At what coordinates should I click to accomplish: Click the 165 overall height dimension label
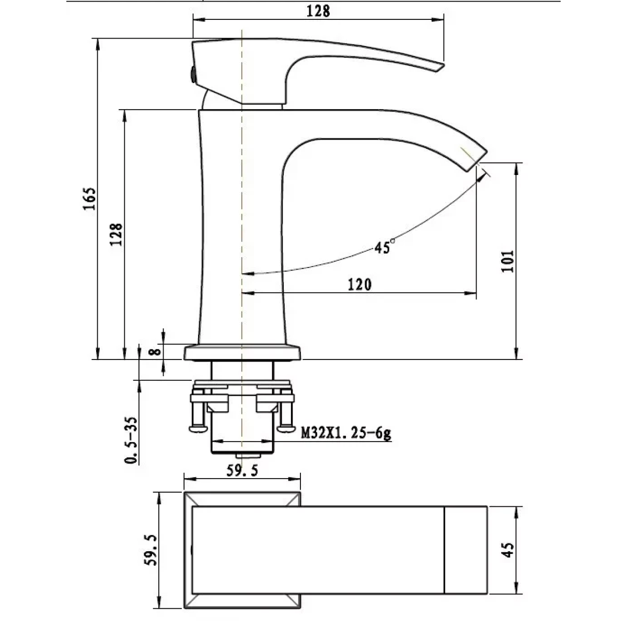coord(89,199)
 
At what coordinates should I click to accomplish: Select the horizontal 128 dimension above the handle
coord(318,11)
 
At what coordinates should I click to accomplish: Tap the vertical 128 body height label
coord(116,235)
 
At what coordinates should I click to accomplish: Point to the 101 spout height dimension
coord(507,261)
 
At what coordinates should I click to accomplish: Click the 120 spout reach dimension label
coord(359,285)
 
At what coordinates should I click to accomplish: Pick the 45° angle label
coord(384,247)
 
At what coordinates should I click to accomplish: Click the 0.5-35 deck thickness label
coord(131,440)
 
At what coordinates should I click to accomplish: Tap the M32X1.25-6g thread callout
coord(346,433)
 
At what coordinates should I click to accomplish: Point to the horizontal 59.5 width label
coord(242,470)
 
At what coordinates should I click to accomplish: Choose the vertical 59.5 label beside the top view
coord(150,550)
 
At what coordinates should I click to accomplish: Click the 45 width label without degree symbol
coord(508,550)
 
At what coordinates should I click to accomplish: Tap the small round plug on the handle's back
coord(193,74)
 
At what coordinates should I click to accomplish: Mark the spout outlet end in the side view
coord(478,161)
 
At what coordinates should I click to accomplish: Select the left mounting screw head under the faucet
coord(198,429)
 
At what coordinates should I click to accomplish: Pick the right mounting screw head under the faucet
coord(286,429)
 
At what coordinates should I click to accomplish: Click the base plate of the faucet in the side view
coord(242,353)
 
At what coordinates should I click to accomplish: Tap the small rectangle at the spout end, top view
coord(466,550)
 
